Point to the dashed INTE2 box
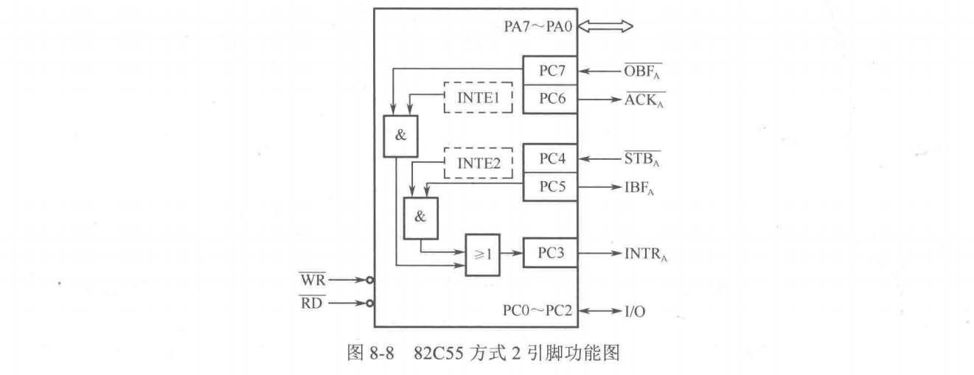pyautogui.click(x=477, y=163)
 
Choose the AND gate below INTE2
pyautogui.click(x=420, y=218)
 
